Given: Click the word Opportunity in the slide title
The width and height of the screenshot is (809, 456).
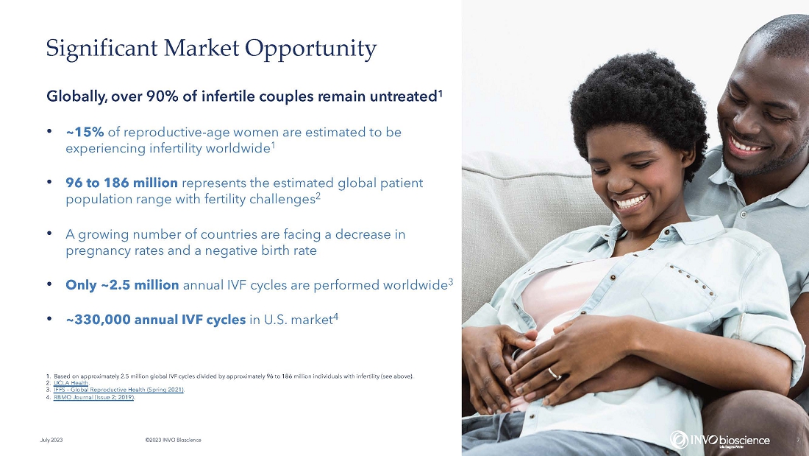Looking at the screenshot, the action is (x=310, y=49).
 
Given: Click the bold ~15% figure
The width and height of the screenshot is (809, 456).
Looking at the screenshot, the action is (x=85, y=133).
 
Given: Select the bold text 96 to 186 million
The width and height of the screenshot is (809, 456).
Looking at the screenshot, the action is (x=122, y=183).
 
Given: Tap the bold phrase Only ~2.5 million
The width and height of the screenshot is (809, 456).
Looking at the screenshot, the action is (x=122, y=285).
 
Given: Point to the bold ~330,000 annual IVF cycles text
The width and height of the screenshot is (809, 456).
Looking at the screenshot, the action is (x=156, y=320).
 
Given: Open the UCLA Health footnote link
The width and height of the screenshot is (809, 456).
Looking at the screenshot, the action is (x=71, y=383).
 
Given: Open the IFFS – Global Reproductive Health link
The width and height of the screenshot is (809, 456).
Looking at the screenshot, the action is (x=118, y=390).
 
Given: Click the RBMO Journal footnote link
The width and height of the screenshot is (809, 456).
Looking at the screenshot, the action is (x=94, y=397).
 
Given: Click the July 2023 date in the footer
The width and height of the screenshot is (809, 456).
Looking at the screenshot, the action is (x=51, y=440).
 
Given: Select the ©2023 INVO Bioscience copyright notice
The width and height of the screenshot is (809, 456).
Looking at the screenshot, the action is (x=174, y=440).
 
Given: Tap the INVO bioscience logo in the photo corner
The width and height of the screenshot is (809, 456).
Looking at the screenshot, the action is (x=720, y=440).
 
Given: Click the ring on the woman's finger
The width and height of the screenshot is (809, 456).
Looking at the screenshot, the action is (x=554, y=373).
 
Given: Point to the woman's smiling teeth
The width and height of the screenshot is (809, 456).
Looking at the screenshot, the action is (x=631, y=202).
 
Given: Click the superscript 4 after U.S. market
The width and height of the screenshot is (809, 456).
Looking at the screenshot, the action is (x=335, y=316).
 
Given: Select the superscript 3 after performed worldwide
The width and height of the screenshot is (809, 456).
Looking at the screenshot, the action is (x=450, y=281).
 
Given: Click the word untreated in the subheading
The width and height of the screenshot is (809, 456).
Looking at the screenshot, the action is (x=404, y=97).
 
